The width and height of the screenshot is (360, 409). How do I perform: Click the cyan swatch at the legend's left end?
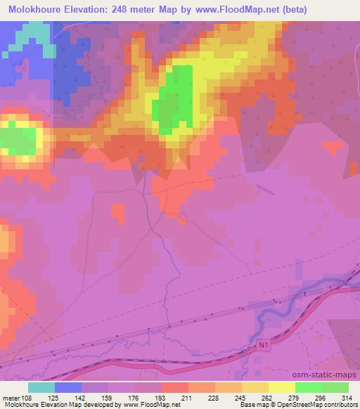[41, 388]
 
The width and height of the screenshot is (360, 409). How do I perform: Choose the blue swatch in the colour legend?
[68, 388]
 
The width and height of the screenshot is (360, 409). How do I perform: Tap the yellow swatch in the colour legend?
[282, 388]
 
